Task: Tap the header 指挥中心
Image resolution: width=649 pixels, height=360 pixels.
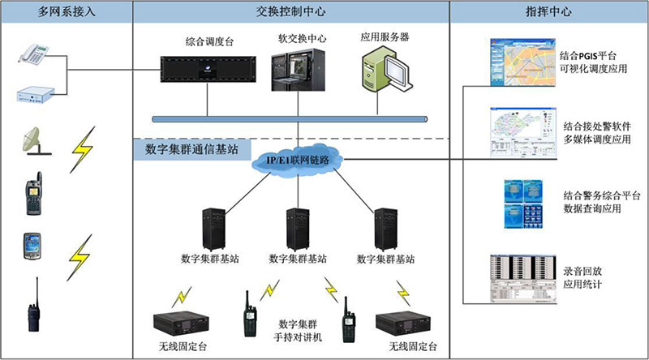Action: tap(548, 13)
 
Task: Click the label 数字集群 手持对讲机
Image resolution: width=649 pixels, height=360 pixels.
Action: tap(296, 328)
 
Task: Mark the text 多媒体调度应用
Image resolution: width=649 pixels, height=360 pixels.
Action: tap(596, 139)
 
